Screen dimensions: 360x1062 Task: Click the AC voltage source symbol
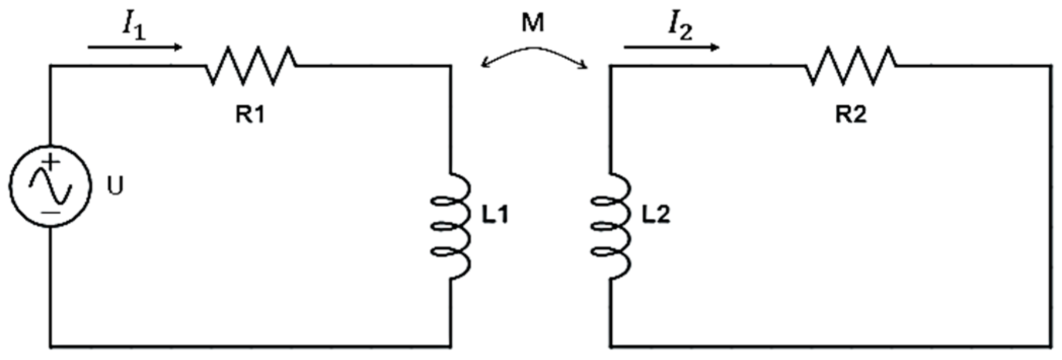tap(50, 186)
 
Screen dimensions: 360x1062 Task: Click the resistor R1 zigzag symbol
tap(251, 65)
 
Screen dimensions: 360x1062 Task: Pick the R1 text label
tap(250, 115)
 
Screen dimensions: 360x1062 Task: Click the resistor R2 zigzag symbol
tap(851, 65)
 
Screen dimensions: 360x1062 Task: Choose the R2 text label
tap(851, 115)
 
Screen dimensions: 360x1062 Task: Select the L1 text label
tap(495, 216)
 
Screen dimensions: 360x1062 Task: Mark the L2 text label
tap(656, 216)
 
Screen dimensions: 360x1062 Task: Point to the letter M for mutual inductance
tap(533, 23)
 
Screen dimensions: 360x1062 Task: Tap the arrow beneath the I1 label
tap(135, 48)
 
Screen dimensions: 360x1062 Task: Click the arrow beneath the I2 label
tap(672, 48)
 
